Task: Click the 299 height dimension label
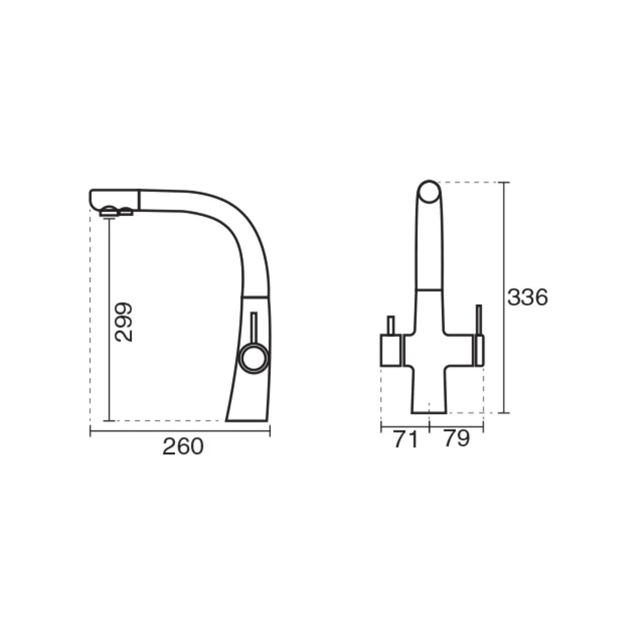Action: click(x=123, y=322)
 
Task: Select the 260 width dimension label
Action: click(x=183, y=447)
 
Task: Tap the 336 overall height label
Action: click(x=528, y=297)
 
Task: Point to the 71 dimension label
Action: click(x=406, y=439)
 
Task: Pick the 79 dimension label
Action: click(x=457, y=438)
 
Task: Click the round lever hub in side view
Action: click(x=254, y=358)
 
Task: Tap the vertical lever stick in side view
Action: click(x=254, y=328)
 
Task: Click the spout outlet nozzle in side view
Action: click(x=116, y=211)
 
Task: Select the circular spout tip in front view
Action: click(x=429, y=192)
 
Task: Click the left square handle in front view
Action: click(x=390, y=350)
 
